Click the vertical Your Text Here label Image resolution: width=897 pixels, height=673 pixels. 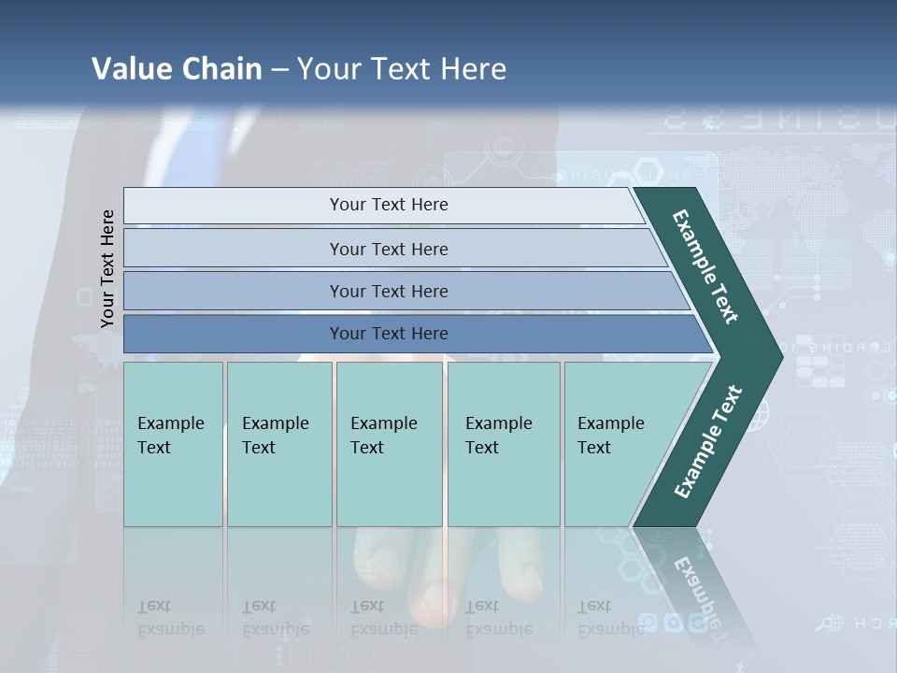click(107, 268)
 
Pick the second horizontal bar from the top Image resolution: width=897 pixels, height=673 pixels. click(389, 249)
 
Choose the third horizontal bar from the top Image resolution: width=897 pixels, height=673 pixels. click(389, 291)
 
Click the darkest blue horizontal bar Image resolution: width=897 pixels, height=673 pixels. click(389, 334)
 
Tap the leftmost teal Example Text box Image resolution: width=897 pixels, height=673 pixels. click(173, 443)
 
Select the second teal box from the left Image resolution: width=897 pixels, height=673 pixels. click(278, 443)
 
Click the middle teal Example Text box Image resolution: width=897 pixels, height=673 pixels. click(389, 443)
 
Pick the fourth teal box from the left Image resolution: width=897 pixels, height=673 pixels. click(503, 443)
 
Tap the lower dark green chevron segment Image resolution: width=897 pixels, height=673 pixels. click(707, 442)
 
